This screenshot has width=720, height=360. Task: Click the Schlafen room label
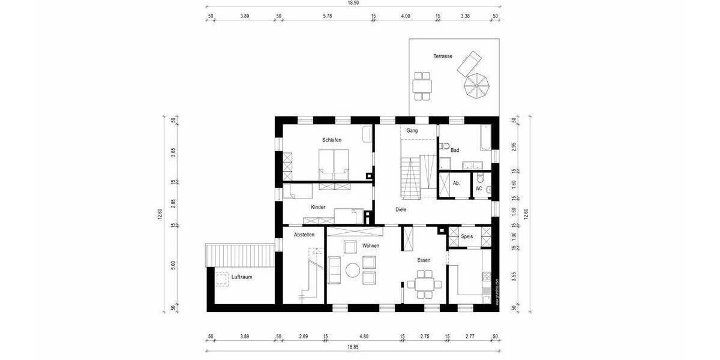[332, 140]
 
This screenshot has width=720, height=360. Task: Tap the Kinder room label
[318, 207]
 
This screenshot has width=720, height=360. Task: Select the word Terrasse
[443, 56]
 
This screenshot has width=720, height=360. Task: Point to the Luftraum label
[241, 277]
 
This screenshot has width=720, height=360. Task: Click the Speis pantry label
[467, 236]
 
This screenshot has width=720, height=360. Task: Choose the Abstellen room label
[304, 235]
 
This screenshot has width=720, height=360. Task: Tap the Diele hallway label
[401, 209]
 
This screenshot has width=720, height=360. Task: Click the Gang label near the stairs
[412, 130]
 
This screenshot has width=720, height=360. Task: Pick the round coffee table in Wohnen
[352, 271]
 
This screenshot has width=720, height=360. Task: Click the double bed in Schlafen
[333, 163]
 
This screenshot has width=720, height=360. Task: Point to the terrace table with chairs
[422, 85]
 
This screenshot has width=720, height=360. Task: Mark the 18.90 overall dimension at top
[353, 3]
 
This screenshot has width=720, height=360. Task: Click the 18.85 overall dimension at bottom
[353, 346]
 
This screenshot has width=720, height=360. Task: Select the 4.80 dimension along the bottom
[364, 337]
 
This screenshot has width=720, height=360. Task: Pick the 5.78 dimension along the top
[327, 16]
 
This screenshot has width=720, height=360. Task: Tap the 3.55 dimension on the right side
[514, 277]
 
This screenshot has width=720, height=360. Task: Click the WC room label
[479, 188]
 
